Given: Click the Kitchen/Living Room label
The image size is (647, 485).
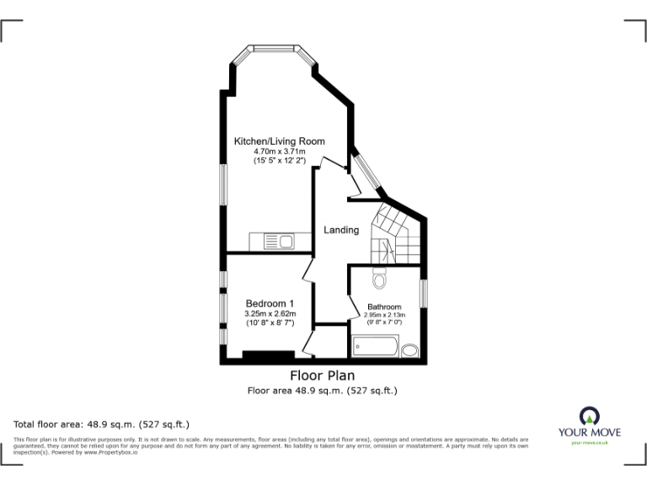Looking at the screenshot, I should (279, 141).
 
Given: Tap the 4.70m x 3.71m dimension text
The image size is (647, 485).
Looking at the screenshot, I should (279, 151).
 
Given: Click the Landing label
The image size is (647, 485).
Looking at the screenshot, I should (342, 230).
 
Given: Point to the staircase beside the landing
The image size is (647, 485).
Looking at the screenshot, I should (392, 234).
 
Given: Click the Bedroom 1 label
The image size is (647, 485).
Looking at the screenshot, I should (270, 304).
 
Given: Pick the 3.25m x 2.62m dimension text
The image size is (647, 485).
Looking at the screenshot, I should (270, 314).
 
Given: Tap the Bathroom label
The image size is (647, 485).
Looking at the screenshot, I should (384, 306).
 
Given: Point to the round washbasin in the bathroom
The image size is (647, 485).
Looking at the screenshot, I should (410, 350).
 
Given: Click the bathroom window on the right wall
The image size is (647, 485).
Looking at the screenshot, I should (425, 290).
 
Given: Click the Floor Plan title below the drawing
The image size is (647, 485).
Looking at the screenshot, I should (322, 376).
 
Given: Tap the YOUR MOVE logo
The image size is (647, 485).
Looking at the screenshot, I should (590, 424).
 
